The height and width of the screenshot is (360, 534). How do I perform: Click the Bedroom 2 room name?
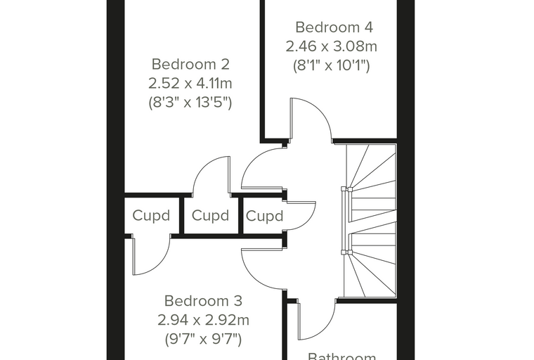click(x=190, y=65)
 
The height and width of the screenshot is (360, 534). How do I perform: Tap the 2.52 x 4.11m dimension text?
click(x=190, y=83)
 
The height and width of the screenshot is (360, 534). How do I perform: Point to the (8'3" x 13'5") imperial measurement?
click(x=190, y=102)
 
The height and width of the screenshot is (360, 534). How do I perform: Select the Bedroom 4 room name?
click(x=334, y=27)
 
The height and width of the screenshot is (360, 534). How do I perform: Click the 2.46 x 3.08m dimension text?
click(x=332, y=46)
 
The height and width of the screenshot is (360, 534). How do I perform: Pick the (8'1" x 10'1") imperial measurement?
click(x=332, y=65)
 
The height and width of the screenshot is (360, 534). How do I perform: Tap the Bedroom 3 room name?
click(x=203, y=301)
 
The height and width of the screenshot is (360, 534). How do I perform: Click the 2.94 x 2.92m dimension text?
click(x=203, y=320)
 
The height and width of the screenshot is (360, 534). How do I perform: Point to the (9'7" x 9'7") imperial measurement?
click(x=203, y=339)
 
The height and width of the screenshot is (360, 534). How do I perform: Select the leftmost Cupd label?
click(x=151, y=216)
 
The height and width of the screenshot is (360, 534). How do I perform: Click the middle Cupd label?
click(x=211, y=216)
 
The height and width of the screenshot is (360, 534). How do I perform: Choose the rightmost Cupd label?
click(x=265, y=216)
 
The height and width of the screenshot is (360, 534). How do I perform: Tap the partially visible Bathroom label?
click(x=342, y=356)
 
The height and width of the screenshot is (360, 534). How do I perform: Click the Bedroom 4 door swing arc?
click(x=320, y=109)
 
